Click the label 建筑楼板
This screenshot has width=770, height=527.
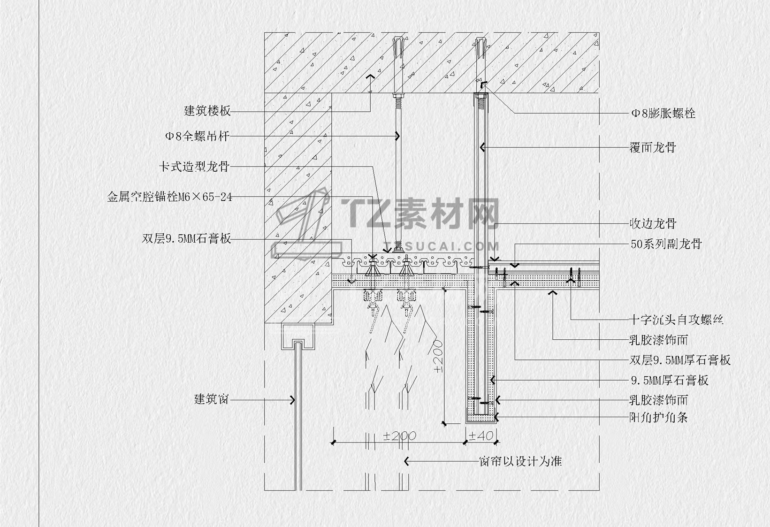pyautogui.click(x=207, y=111)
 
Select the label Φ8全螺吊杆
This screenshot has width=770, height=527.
pyautogui.click(x=197, y=137)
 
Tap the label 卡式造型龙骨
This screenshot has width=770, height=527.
pyautogui.click(x=194, y=167)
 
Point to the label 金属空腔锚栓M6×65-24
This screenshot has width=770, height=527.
pyautogui.click(x=170, y=197)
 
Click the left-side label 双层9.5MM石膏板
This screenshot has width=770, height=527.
pyautogui.click(x=187, y=238)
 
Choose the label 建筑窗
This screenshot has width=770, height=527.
pyautogui.click(x=212, y=400)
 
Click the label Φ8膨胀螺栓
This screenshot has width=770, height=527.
pyautogui.click(x=663, y=113)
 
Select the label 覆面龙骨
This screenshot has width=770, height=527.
pyautogui.click(x=653, y=147)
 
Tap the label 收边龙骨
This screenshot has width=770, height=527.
pyautogui.click(x=653, y=223)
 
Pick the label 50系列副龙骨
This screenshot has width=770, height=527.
pyautogui.click(x=666, y=244)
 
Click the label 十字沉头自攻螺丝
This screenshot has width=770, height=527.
pyautogui.click(x=676, y=320)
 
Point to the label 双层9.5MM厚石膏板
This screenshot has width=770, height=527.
pyautogui.click(x=680, y=360)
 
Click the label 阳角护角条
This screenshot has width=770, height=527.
pyautogui.click(x=658, y=417)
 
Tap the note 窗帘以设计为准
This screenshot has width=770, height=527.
pyautogui.click(x=520, y=461)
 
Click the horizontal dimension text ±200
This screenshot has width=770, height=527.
pyautogui.click(x=399, y=436)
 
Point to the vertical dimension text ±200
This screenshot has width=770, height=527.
pyautogui.click(x=438, y=357)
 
